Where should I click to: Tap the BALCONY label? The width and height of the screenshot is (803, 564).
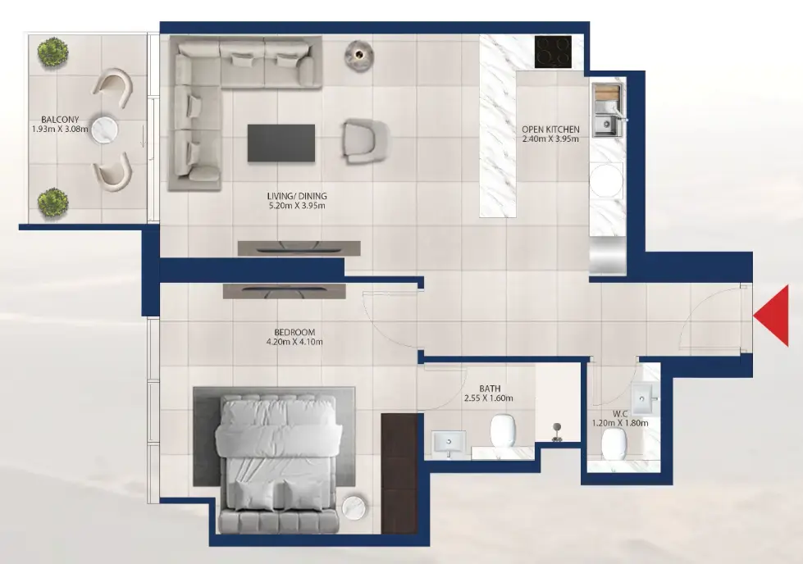point(60,119)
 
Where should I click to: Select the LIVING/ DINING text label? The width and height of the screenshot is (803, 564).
point(297,196)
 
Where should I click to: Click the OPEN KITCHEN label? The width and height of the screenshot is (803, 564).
point(550,130)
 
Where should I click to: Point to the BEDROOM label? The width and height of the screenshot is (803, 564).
point(294,332)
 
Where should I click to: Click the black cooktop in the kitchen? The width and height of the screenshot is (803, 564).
point(554,53)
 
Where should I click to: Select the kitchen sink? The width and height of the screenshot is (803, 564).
point(608,125)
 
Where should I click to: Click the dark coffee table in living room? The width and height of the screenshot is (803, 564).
point(281,143)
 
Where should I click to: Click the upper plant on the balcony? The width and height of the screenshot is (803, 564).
point(52,52)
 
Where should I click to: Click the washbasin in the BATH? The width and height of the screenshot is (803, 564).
point(449,443)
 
